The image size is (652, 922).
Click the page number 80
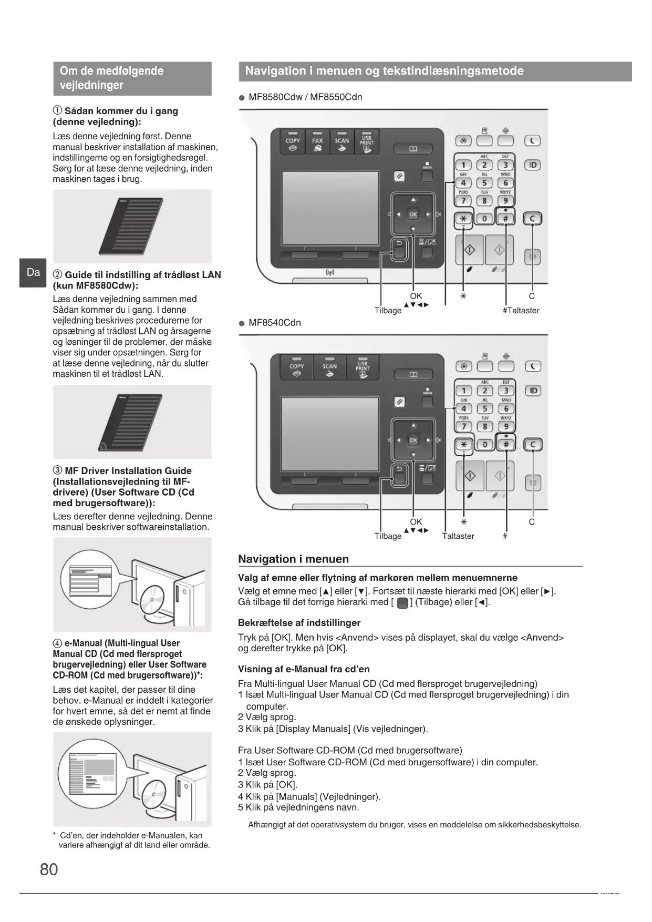click(x=49, y=869)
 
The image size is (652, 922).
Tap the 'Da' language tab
click(x=33, y=272)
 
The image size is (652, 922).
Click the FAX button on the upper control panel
click(x=317, y=142)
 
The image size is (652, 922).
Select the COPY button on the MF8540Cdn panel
click(x=297, y=368)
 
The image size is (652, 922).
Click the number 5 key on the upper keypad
click(x=484, y=183)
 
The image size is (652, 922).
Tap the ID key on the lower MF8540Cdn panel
click(x=533, y=391)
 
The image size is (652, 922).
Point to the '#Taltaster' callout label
click(x=521, y=311)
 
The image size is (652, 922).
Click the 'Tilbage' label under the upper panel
click(x=388, y=311)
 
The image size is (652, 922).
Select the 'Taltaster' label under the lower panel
click(x=458, y=536)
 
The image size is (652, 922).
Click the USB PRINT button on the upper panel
click(x=367, y=142)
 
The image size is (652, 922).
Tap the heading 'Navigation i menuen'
click(x=293, y=559)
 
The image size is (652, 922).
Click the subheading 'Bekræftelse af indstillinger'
click(x=299, y=623)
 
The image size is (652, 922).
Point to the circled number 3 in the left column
click(x=58, y=471)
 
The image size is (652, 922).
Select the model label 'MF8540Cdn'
click(x=274, y=323)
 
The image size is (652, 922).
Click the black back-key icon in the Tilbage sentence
click(x=402, y=603)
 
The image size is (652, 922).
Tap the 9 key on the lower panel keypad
click(x=505, y=426)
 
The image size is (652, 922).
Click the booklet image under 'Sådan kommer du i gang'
click(x=131, y=226)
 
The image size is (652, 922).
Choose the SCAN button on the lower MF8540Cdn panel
click(x=329, y=368)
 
